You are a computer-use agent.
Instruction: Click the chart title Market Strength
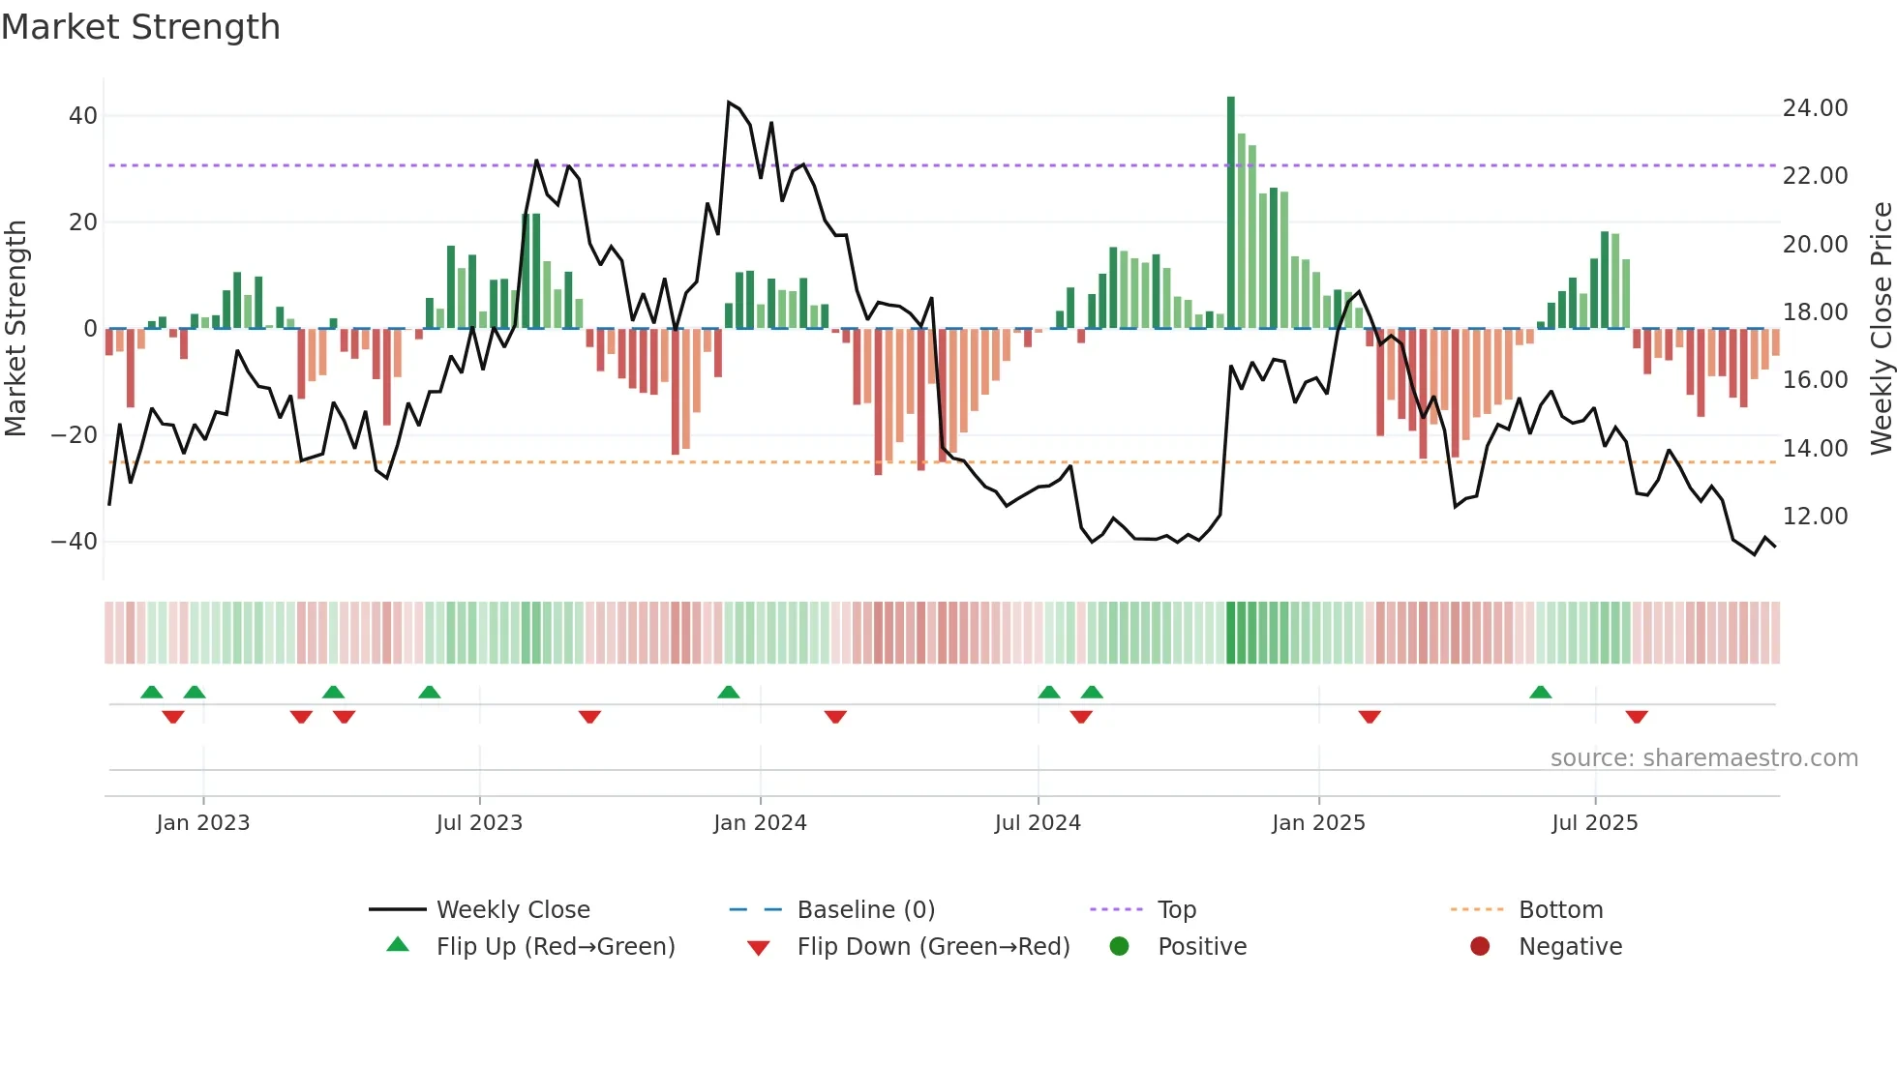(x=140, y=27)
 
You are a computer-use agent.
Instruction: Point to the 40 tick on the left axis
(x=83, y=116)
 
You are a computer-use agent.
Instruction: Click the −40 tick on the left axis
(x=75, y=542)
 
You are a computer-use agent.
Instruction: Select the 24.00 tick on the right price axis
(x=1815, y=108)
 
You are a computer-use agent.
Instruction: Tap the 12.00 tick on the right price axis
(x=1815, y=517)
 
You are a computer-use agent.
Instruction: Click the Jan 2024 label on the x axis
(x=760, y=823)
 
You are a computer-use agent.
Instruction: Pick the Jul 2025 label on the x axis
(x=1594, y=823)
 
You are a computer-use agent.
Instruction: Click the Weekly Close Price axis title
(x=1881, y=329)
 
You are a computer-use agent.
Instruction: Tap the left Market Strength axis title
(x=15, y=329)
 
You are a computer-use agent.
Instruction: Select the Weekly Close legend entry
(x=513, y=910)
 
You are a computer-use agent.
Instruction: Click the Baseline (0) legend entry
(x=865, y=910)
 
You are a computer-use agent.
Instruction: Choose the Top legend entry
(x=1177, y=910)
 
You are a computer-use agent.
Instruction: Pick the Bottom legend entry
(x=1560, y=910)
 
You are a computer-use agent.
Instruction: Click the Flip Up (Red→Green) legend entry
(x=555, y=947)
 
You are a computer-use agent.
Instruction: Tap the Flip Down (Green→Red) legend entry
(x=933, y=947)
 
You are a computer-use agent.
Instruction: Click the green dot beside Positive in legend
(x=1119, y=947)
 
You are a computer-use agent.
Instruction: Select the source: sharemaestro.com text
(x=1703, y=758)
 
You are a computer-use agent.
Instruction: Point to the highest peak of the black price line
(x=729, y=103)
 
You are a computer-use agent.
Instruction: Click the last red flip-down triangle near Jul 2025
(x=1637, y=717)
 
